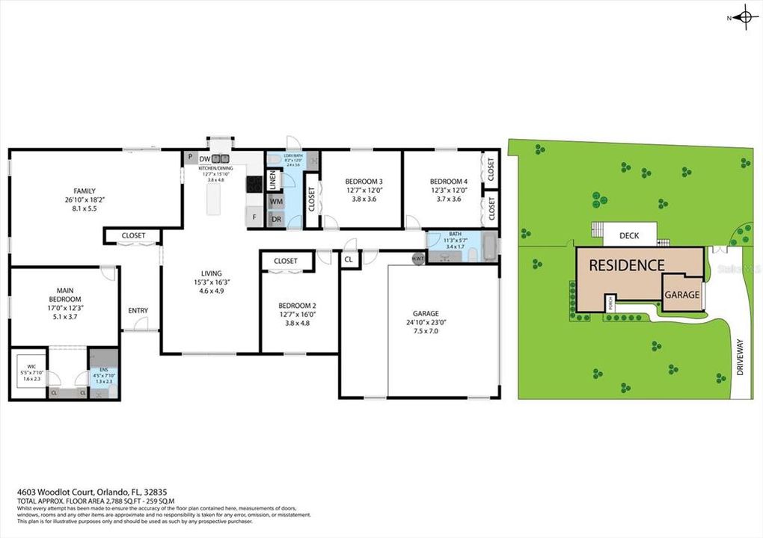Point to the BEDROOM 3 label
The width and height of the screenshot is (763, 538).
coord(364,182)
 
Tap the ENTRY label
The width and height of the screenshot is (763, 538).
coord(138,311)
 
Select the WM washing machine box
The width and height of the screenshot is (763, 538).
coord(276,202)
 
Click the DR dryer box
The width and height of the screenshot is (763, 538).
coord(276,219)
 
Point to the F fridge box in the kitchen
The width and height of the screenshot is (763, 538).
coord(254,217)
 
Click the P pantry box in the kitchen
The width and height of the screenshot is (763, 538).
coord(191,158)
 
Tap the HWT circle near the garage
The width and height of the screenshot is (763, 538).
coord(417,258)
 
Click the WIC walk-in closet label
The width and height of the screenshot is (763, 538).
coord(31,366)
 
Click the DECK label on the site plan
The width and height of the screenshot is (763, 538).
coord(630,236)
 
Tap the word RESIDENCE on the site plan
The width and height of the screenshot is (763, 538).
coord(626,265)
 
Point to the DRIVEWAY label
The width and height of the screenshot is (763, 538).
coord(740,357)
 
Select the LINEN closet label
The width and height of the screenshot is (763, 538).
coord(273,179)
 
